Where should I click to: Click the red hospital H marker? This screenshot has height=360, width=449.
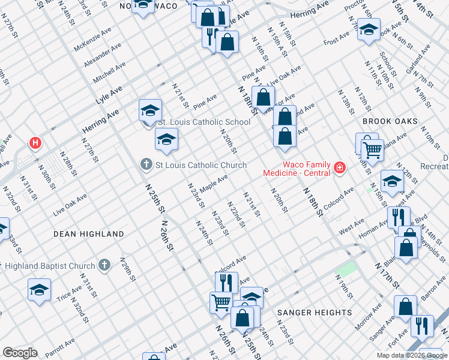click(x=36, y=143)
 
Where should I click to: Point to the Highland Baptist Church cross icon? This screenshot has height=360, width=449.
click(x=104, y=265)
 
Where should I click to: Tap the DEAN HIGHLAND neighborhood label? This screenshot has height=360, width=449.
click(x=88, y=234)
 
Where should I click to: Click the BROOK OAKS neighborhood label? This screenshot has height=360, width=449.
click(x=390, y=121)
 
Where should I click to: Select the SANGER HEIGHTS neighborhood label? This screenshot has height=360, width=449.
click(x=314, y=313)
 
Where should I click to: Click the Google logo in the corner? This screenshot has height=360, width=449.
click(x=19, y=352)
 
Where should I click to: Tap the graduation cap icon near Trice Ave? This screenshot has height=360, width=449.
click(x=39, y=290)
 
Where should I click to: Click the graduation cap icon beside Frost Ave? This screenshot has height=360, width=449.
click(x=369, y=29)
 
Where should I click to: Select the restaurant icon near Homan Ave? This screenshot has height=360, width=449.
click(x=399, y=217)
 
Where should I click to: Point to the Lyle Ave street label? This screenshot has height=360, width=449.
click(x=109, y=95)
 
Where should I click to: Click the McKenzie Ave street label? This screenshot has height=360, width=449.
click(x=92, y=40)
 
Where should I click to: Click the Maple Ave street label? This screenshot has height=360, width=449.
click(x=214, y=184)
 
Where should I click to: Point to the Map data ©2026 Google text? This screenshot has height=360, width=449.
click(x=411, y=355)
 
